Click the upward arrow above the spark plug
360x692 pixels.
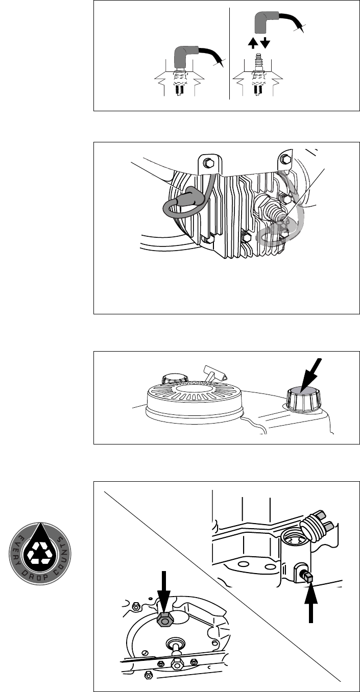pyautogui.click(x=253, y=43)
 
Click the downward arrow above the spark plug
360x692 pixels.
pyautogui.click(x=265, y=43)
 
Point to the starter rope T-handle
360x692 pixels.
pyautogui.click(x=215, y=374)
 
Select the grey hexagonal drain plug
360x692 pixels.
pyautogui.click(x=165, y=617)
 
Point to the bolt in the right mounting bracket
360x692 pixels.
pyautogui.click(x=285, y=159)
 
